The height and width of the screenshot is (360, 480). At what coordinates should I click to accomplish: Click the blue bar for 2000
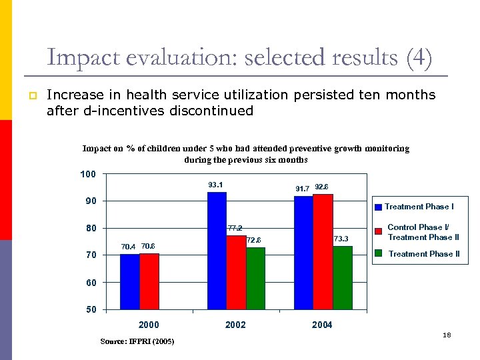pos(130,281)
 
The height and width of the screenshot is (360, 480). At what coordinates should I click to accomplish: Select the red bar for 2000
pos(149,281)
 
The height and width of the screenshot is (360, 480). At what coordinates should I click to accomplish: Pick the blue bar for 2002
pos(217,251)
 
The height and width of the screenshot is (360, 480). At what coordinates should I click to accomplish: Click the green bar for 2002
pos(255,278)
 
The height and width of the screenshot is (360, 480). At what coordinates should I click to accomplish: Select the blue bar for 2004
pos(303,253)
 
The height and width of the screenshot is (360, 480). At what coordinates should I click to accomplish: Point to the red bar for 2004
pos(323,251)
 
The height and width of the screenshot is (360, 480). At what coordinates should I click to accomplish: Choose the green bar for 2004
pos(343,277)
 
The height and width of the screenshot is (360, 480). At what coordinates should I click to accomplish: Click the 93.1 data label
pos(215,185)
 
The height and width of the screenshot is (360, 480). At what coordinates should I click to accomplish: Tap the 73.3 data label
pos(341,239)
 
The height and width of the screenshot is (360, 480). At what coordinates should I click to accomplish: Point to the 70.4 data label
pos(128,247)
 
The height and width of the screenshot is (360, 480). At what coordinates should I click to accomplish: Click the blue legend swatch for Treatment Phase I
pos(378,207)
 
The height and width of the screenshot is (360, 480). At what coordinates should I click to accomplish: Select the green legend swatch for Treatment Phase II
pos(378,253)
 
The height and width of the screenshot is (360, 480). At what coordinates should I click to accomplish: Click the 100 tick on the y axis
pos(88,174)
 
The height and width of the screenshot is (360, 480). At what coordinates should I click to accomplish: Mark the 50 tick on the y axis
pos(91,309)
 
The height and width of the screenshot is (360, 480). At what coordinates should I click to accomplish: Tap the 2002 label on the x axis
pos(235,325)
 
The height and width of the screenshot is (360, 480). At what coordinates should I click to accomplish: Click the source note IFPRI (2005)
pos(137,341)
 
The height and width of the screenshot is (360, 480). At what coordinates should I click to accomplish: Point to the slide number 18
pos(447,335)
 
